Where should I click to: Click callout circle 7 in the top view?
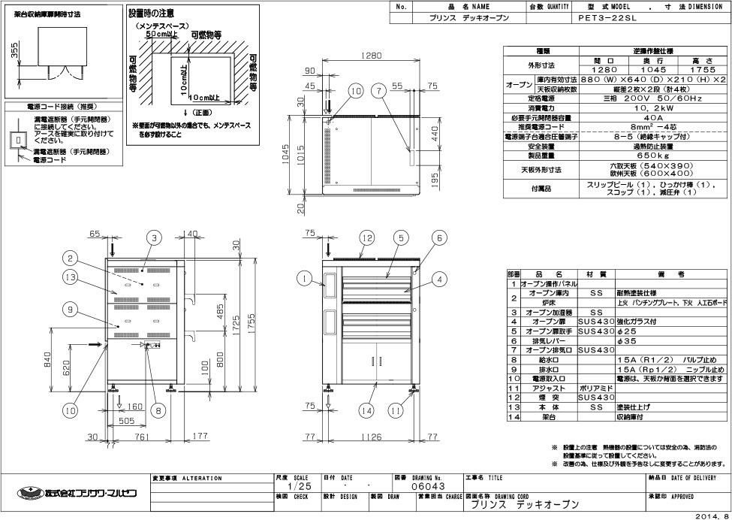[x=380, y=91]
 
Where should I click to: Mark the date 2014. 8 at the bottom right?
[x=711, y=515]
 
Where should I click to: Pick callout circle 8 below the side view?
[x=158, y=410]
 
